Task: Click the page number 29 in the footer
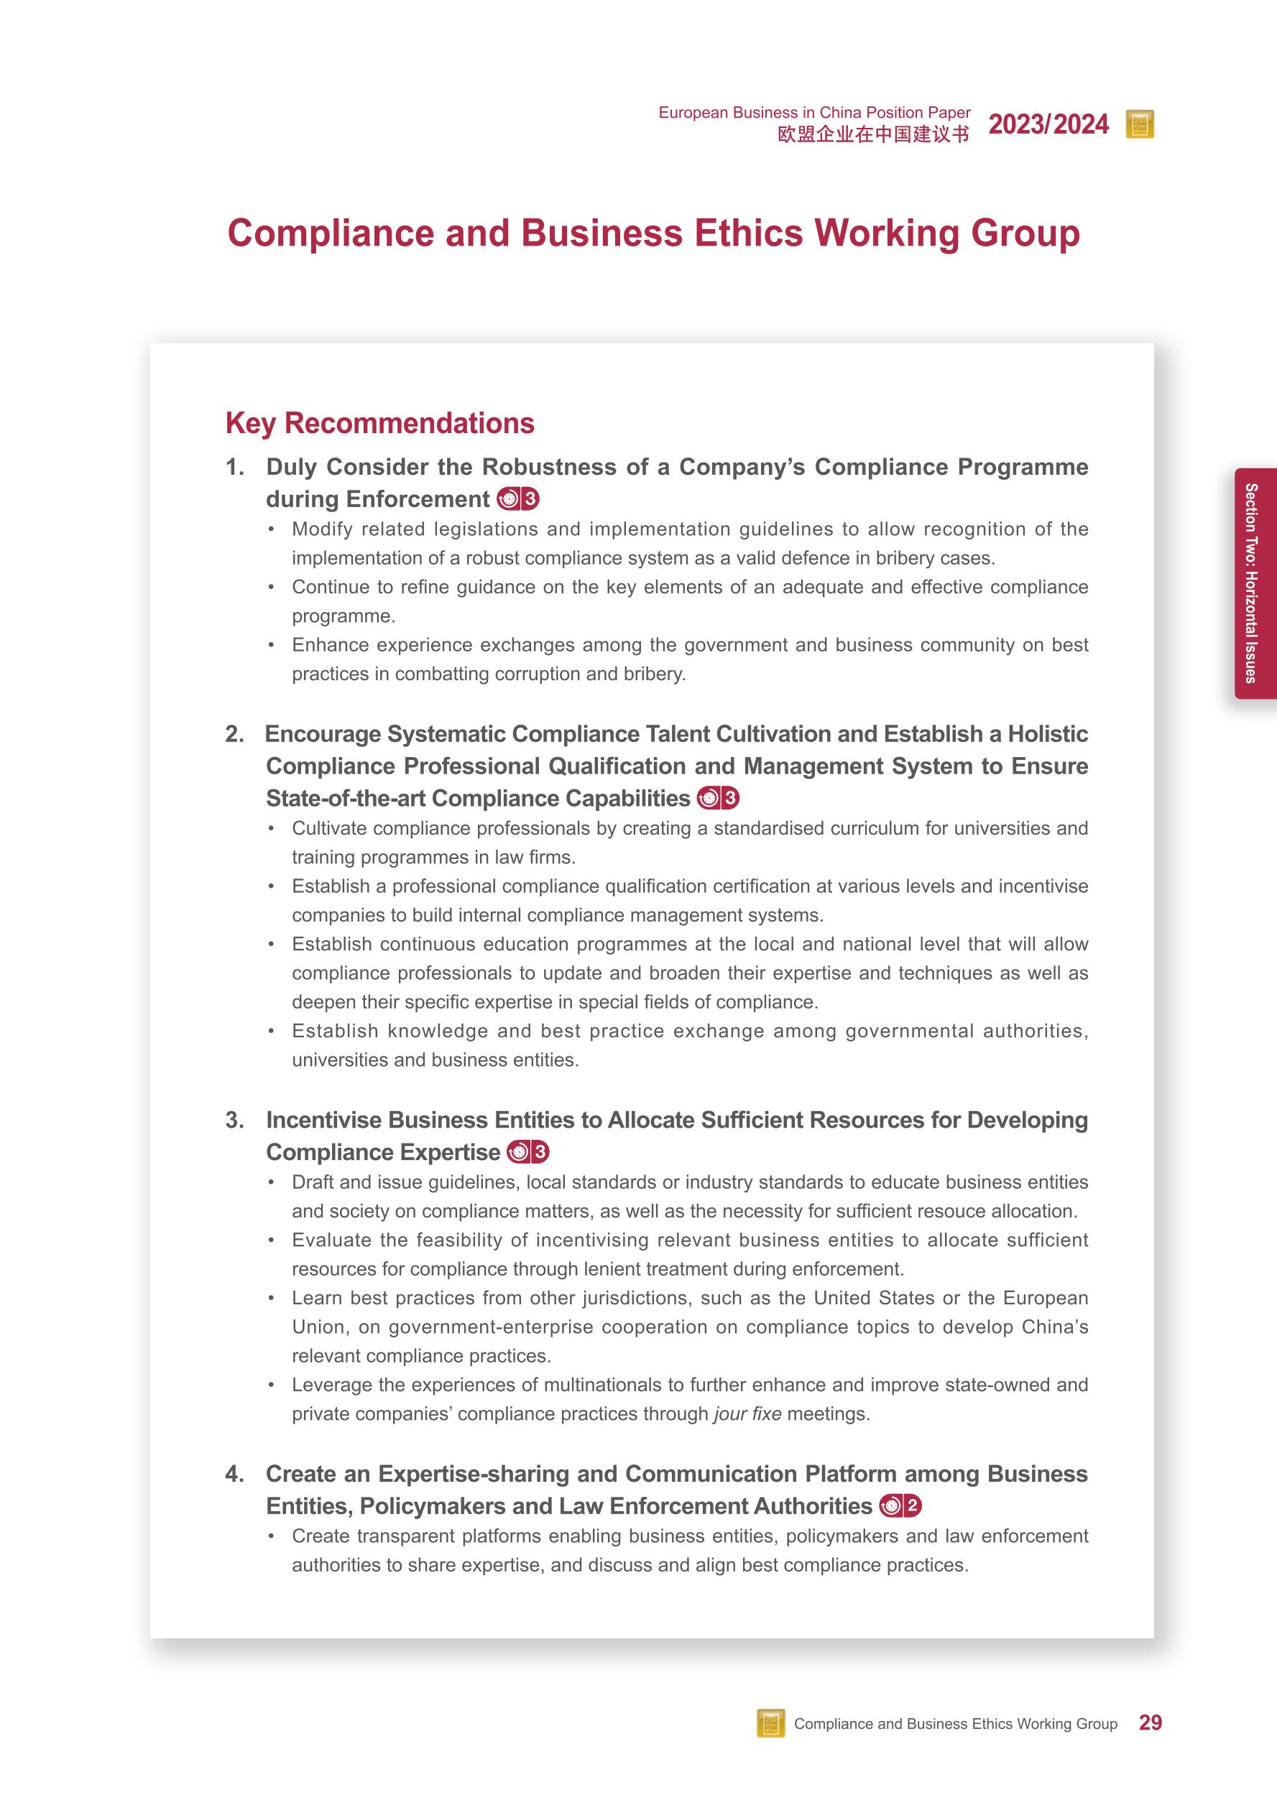[1150, 1722]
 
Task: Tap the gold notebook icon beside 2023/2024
[1140, 124]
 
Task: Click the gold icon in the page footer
[770, 1723]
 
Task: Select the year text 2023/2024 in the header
[1048, 124]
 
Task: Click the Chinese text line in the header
[873, 134]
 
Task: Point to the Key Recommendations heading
[380, 423]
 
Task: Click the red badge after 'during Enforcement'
[518, 499]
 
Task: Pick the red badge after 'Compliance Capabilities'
[718, 799]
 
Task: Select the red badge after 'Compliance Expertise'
[528, 1153]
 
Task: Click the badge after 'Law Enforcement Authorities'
[900, 1506]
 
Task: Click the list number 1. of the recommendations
[234, 467]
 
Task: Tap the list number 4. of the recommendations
[234, 1474]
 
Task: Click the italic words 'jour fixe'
[747, 1414]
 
